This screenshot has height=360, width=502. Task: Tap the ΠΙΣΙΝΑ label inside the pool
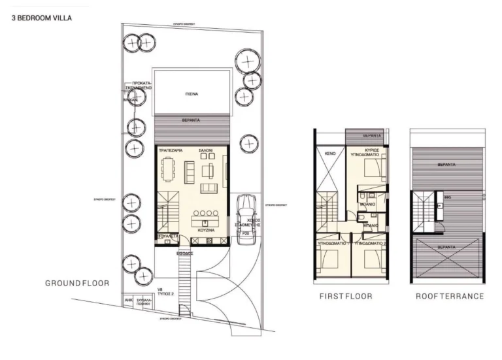(x=191, y=94)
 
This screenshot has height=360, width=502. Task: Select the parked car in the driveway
(x=246, y=220)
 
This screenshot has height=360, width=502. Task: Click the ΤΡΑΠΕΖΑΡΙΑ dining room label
(x=170, y=151)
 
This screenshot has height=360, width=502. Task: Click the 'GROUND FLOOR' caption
(x=76, y=284)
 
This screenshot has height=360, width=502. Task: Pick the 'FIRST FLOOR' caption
(x=346, y=297)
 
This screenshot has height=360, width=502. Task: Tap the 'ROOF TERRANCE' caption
(x=450, y=297)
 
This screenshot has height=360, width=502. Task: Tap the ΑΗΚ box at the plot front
(x=128, y=302)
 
